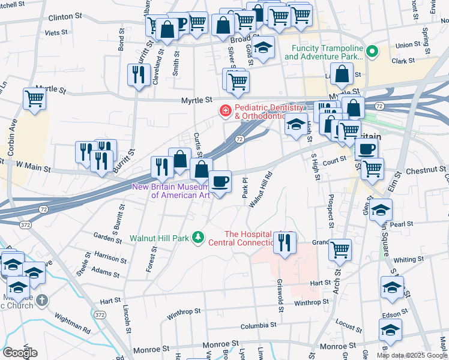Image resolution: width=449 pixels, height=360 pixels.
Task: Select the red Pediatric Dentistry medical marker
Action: [225, 111]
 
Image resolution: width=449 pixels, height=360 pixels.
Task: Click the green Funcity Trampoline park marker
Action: [372, 52]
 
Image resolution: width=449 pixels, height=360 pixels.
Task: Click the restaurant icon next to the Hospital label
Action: [285, 242]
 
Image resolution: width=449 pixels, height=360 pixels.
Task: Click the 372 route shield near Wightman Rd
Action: [99, 314]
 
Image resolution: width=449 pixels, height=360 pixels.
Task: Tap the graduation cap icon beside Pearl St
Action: [381, 211]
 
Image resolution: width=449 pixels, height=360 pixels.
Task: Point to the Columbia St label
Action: [258, 326]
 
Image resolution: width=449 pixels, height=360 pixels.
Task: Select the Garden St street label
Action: [107, 236]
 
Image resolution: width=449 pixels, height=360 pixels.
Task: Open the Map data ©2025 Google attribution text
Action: [412, 355]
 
